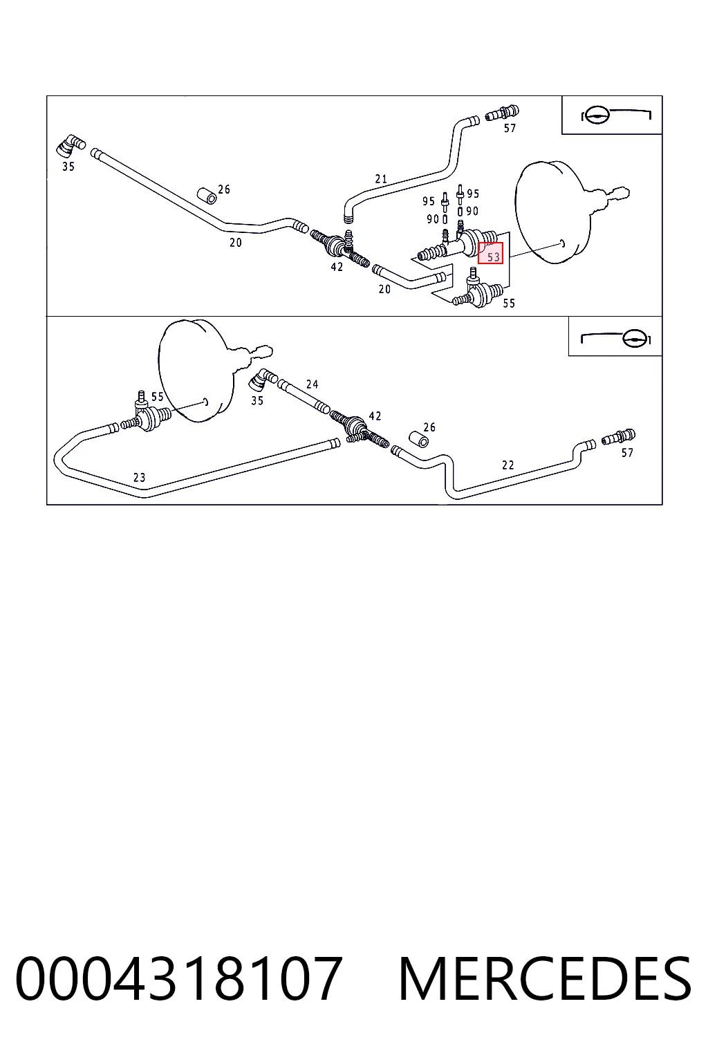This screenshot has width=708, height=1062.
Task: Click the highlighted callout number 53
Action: point(493,257)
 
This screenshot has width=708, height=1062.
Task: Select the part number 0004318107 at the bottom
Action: point(179,980)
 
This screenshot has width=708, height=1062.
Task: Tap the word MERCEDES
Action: point(545,980)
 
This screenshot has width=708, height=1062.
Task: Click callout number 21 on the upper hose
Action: point(381,179)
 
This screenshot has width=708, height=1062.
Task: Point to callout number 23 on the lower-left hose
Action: point(139,478)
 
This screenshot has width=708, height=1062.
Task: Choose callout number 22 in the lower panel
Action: point(508,465)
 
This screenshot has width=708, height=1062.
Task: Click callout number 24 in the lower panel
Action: point(312,384)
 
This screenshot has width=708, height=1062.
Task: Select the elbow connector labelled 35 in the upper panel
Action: point(71,146)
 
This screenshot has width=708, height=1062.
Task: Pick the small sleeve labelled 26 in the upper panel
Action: point(207,196)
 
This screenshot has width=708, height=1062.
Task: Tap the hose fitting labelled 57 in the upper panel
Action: point(502,113)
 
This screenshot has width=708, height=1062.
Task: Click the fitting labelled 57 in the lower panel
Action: point(618,437)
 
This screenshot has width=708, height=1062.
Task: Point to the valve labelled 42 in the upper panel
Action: point(340,248)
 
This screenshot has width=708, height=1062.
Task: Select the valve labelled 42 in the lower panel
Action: point(360,429)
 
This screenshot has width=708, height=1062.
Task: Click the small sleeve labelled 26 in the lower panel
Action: point(419,439)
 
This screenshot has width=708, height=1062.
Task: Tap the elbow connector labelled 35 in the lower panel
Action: point(263,380)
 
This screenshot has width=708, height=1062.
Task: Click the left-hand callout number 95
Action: point(428,201)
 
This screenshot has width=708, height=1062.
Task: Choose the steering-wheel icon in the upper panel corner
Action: point(615,115)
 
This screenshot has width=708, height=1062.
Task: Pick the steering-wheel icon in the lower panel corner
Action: point(615,339)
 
